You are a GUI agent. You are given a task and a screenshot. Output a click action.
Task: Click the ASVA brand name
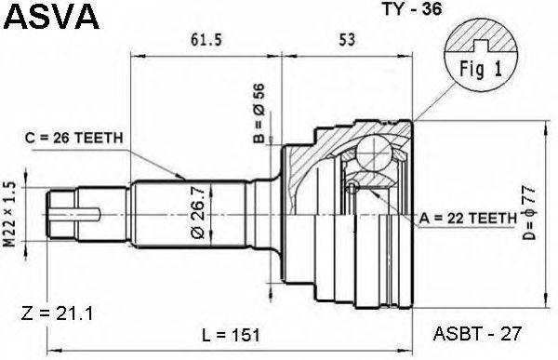(x=52, y=17)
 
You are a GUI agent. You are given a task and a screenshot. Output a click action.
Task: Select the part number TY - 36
(x=412, y=8)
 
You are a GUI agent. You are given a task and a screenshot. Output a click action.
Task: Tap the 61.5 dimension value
(x=206, y=40)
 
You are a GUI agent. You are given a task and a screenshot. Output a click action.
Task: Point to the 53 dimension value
(x=347, y=40)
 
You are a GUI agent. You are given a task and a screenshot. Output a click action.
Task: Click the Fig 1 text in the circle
(x=481, y=69)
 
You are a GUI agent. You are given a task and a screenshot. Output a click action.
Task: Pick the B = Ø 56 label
(x=259, y=113)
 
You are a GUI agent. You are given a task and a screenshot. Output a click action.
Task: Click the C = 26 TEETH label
(x=74, y=139)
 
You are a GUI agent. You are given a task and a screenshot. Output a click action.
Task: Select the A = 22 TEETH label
(x=468, y=218)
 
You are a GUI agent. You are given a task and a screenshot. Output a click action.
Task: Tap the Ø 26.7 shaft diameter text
(x=198, y=212)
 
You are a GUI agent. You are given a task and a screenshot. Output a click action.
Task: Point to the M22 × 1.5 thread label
(x=9, y=214)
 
